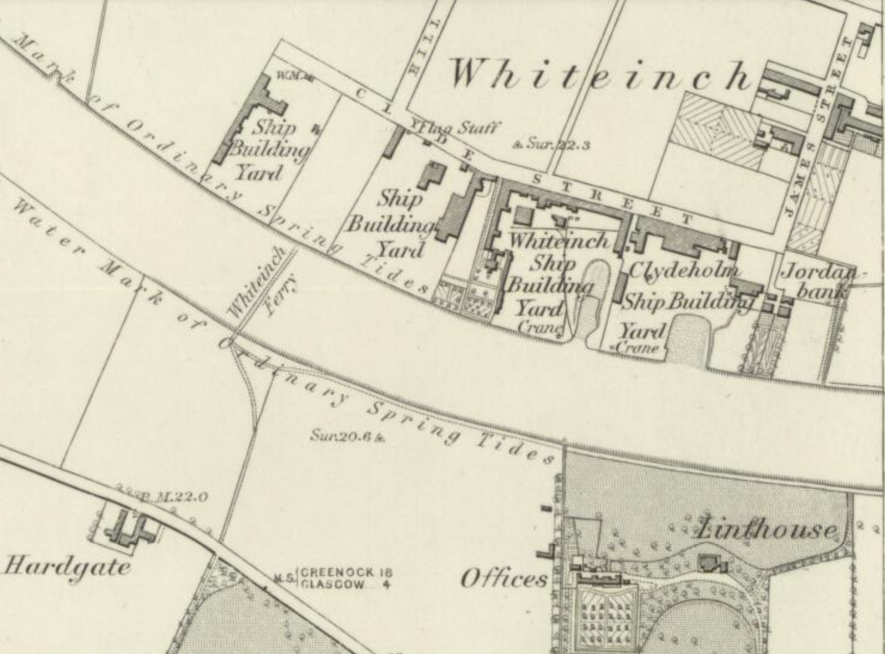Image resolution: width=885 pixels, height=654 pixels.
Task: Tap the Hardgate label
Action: tap(67, 566)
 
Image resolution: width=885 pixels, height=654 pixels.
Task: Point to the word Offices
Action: tap(503, 579)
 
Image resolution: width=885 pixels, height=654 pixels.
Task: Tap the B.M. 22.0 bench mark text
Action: tap(173, 496)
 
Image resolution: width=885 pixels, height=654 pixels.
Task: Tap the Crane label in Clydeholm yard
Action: tap(638, 348)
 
